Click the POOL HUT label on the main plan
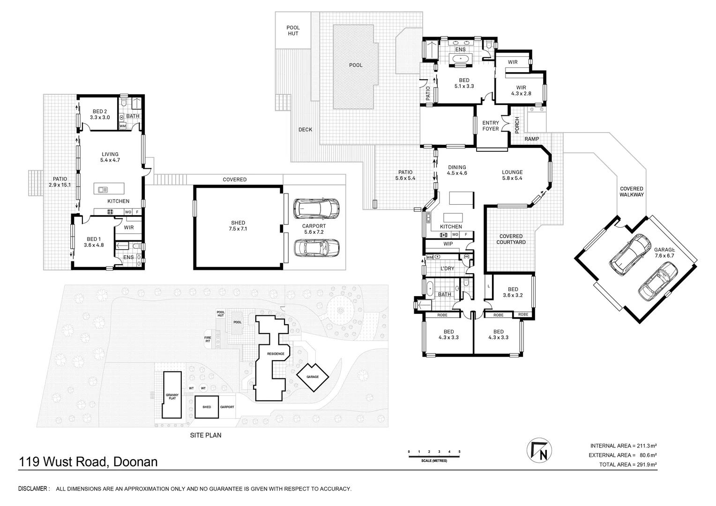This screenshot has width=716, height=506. click(x=293, y=30)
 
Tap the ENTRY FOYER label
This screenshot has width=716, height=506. click(x=491, y=126)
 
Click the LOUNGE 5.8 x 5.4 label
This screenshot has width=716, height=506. click(x=512, y=175)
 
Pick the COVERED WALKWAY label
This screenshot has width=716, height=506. click(x=632, y=192)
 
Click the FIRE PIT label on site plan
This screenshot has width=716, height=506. click(x=208, y=339)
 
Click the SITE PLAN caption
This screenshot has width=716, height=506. click(x=205, y=435)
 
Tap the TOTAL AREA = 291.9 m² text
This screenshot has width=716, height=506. click(x=628, y=465)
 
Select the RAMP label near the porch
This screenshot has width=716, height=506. click(x=531, y=139)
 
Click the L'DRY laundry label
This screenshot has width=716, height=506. click(x=447, y=268)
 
